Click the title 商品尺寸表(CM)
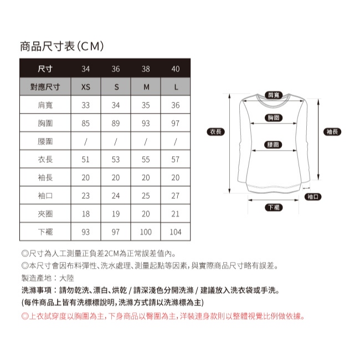coord(62,46)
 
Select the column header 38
coord(146,69)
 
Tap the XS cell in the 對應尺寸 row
coord(86,87)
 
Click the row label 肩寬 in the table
coord(45,105)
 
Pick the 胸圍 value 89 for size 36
coord(116,124)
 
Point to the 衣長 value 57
coord(176,160)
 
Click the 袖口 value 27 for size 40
coord(176,196)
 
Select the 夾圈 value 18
coord(86,214)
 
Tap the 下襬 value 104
coord(176,232)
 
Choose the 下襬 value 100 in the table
coord(146,232)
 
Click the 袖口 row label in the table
coord(45,196)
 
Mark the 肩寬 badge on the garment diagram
coord(274,95)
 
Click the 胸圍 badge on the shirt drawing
coord(274,117)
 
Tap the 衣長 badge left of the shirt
coord(215,132)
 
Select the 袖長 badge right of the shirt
coord(332,132)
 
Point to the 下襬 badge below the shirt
coord(274,207)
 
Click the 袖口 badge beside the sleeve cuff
coord(313,197)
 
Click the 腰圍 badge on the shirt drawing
coord(273,145)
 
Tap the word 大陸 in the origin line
coord(66,278)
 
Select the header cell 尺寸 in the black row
coord(45,69)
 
